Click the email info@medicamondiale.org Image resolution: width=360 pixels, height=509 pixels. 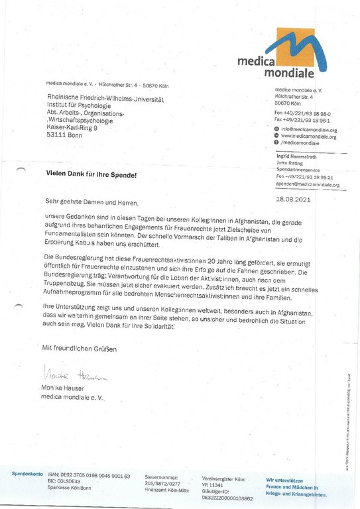tap(309, 129)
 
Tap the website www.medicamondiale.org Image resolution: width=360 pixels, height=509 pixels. tap(309, 136)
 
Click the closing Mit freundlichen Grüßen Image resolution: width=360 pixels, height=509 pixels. tap(79, 348)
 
